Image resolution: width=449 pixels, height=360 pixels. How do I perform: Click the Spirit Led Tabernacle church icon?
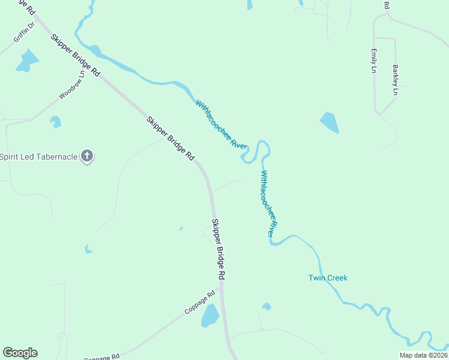tap(87, 157)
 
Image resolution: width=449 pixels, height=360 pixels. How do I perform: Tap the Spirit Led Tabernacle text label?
tap(39, 157)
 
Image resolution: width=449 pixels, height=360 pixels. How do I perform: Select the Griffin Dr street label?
tap(25, 33)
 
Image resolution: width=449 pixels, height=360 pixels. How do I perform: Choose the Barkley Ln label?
tap(396, 80)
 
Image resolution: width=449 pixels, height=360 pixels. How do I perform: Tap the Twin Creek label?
tap(328, 278)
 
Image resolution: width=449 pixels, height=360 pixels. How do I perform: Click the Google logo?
tap(20, 353)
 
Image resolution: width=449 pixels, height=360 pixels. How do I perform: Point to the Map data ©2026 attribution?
tap(423, 355)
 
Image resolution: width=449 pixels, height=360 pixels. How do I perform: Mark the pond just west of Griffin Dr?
tap(26, 60)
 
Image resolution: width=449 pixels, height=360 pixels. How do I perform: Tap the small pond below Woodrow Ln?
tap(56, 122)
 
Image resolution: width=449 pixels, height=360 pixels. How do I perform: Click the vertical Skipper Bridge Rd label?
tap(218, 249)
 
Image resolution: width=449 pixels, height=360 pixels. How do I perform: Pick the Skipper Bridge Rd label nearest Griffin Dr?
tap(76, 54)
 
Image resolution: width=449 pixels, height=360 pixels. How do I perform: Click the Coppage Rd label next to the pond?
tap(200, 303)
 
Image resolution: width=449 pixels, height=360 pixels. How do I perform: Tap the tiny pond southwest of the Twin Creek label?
tap(267, 307)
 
